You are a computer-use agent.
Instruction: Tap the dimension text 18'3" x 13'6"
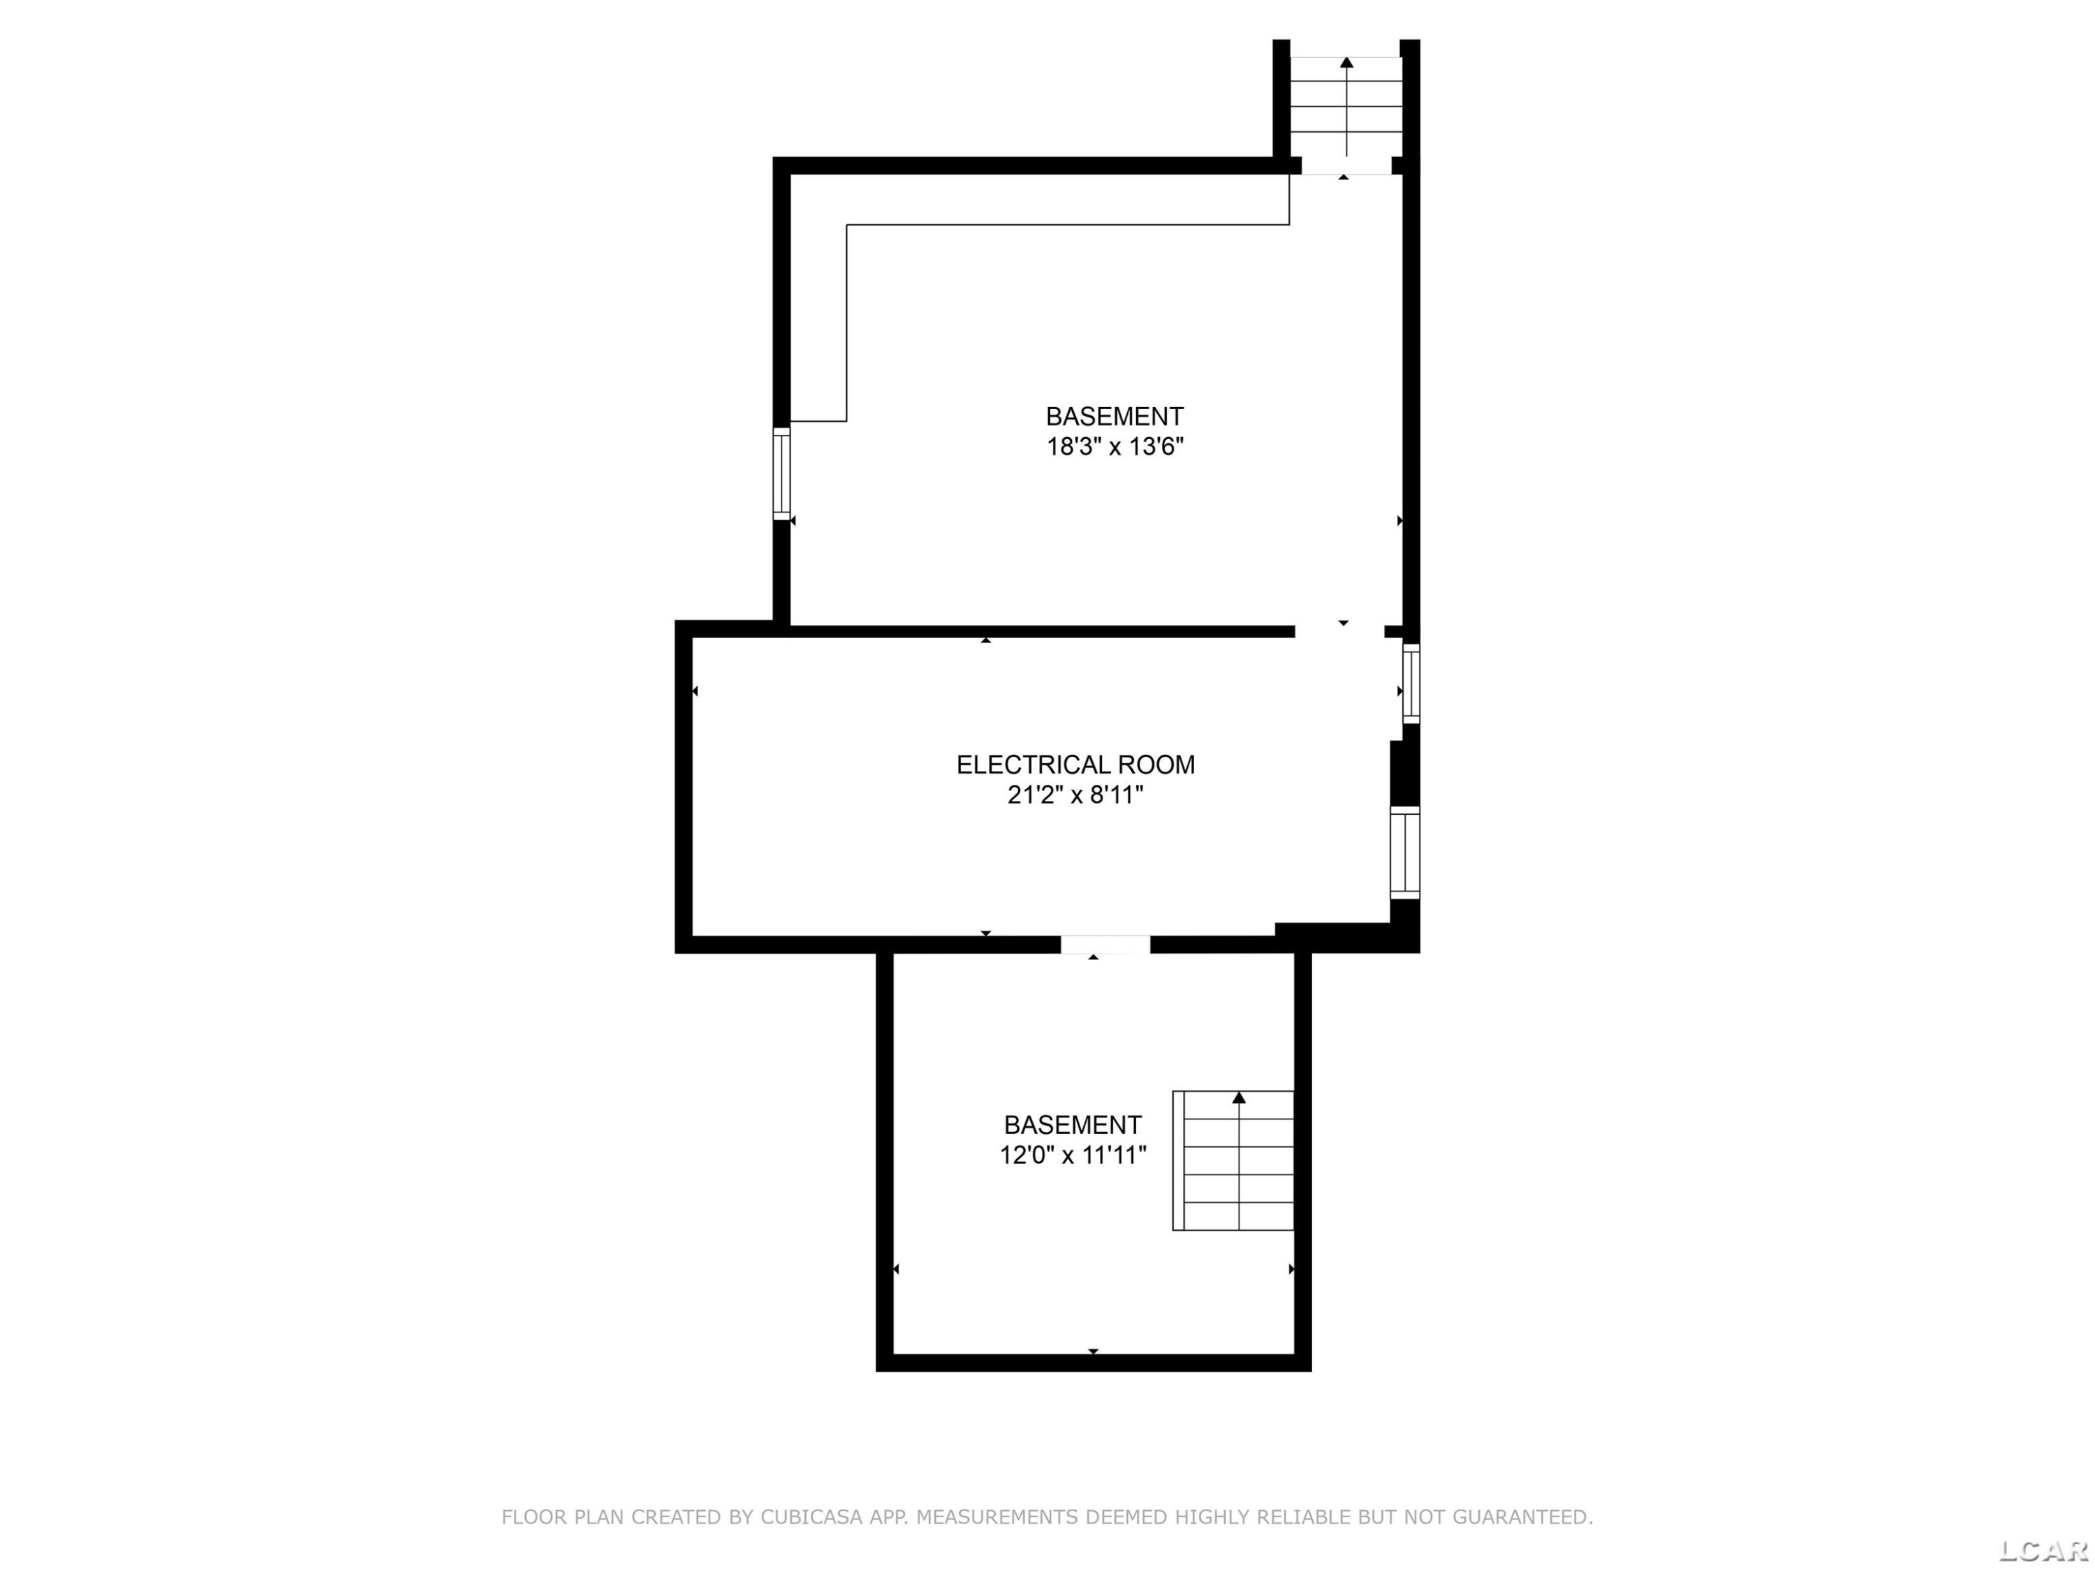tap(1115, 446)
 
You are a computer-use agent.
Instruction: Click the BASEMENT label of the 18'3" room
tap(1115, 417)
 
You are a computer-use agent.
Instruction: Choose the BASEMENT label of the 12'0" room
tap(1073, 1125)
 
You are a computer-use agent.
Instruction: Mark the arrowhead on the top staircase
tap(1347, 63)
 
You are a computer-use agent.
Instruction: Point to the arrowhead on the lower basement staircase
tap(1239, 1098)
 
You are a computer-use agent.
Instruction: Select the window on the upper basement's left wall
tap(781, 473)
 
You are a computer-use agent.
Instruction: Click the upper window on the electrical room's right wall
tap(1411, 683)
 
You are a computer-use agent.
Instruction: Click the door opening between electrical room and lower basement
tap(1105, 944)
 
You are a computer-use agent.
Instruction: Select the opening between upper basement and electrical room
tap(1339, 632)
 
